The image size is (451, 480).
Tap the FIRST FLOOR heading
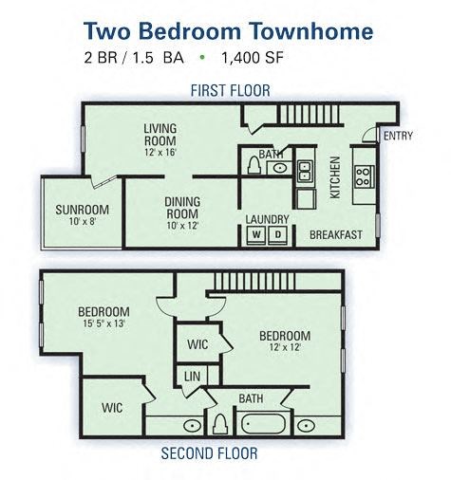(x=230, y=90)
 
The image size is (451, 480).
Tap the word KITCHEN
(x=335, y=177)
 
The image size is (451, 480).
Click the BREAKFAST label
(x=335, y=234)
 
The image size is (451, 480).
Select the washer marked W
(x=256, y=234)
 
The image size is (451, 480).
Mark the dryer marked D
(x=278, y=234)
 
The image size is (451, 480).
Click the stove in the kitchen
(x=364, y=175)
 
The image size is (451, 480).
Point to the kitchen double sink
(x=305, y=172)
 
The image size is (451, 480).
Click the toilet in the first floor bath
(x=254, y=167)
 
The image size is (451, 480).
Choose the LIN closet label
(x=192, y=377)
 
